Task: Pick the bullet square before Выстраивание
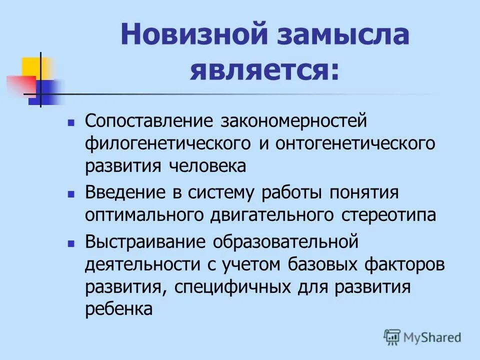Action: pos(71,242)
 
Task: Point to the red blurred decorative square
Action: pos(20,84)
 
